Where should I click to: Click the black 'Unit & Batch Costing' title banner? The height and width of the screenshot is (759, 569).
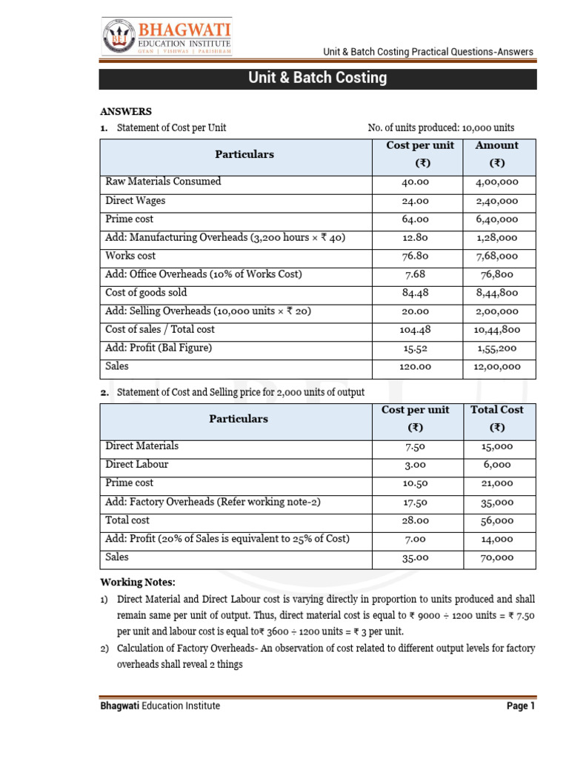pyautogui.click(x=318, y=78)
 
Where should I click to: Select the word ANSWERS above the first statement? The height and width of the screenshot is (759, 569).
pyautogui.click(x=126, y=111)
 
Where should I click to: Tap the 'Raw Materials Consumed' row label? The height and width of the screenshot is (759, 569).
pyautogui.click(x=163, y=182)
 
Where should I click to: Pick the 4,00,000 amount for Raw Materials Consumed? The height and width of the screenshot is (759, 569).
pyautogui.click(x=496, y=182)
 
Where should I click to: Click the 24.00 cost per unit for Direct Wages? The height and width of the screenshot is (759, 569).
pyautogui.click(x=416, y=201)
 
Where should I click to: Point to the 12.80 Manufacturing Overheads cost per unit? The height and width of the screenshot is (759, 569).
pyautogui.click(x=416, y=238)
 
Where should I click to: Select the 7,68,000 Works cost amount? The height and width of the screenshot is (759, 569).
pyautogui.click(x=496, y=256)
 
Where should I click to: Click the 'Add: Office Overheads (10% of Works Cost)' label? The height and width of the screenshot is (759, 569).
pyautogui.click(x=204, y=274)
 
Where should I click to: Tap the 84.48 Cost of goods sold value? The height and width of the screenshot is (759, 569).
pyautogui.click(x=416, y=293)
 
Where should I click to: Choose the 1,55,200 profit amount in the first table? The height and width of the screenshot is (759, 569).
pyautogui.click(x=496, y=348)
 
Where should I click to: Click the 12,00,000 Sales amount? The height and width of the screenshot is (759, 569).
pyautogui.click(x=496, y=367)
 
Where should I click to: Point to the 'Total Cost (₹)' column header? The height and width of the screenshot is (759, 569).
pyautogui.click(x=496, y=419)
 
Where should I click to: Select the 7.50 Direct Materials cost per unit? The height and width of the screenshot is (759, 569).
pyautogui.click(x=416, y=446)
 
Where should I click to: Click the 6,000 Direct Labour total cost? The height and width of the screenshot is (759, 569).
pyautogui.click(x=496, y=465)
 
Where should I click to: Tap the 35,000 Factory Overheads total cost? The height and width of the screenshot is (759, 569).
pyautogui.click(x=496, y=502)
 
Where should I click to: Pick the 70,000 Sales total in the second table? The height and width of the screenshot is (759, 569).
pyautogui.click(x=496, y=557)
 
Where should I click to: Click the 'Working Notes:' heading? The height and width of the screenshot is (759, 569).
pyautogui.click(x=138, y=582)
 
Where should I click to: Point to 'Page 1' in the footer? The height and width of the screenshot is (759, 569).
pyautogui.click(x=520, y=706)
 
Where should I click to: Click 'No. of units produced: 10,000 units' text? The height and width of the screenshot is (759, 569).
pyautogui.click(x=441, y=128)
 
